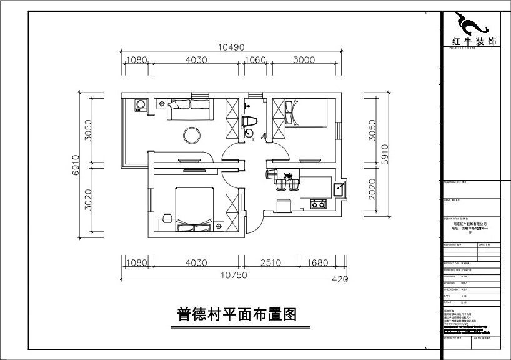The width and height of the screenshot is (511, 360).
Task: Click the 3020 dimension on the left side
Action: coord(89,200)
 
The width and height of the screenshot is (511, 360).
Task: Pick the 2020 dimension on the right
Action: coord(372,190)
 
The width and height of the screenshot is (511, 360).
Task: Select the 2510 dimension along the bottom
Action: coord(272,263)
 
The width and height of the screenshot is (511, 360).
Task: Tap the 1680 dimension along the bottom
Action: coord(318,263)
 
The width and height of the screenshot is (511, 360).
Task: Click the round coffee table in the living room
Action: coord(190,134)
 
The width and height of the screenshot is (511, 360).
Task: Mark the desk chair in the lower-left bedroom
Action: coord(167,218)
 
